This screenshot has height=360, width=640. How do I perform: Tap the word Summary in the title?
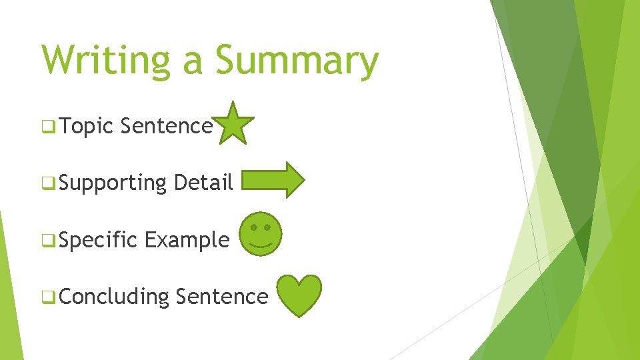[297, 61]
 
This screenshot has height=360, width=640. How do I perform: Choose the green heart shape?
[299, 295]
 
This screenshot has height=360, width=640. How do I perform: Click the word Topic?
[87, 125]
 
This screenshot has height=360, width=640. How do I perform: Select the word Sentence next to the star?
[167, 125]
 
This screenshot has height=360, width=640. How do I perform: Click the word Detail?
[203, 181]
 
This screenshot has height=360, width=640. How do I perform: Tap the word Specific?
[98, 239]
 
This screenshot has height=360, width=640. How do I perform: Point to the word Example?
[187, 239]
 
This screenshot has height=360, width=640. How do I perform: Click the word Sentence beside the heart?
[222, 296]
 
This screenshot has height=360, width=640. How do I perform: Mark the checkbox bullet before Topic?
[48, 126]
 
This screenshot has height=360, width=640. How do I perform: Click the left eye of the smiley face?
[253, 227]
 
